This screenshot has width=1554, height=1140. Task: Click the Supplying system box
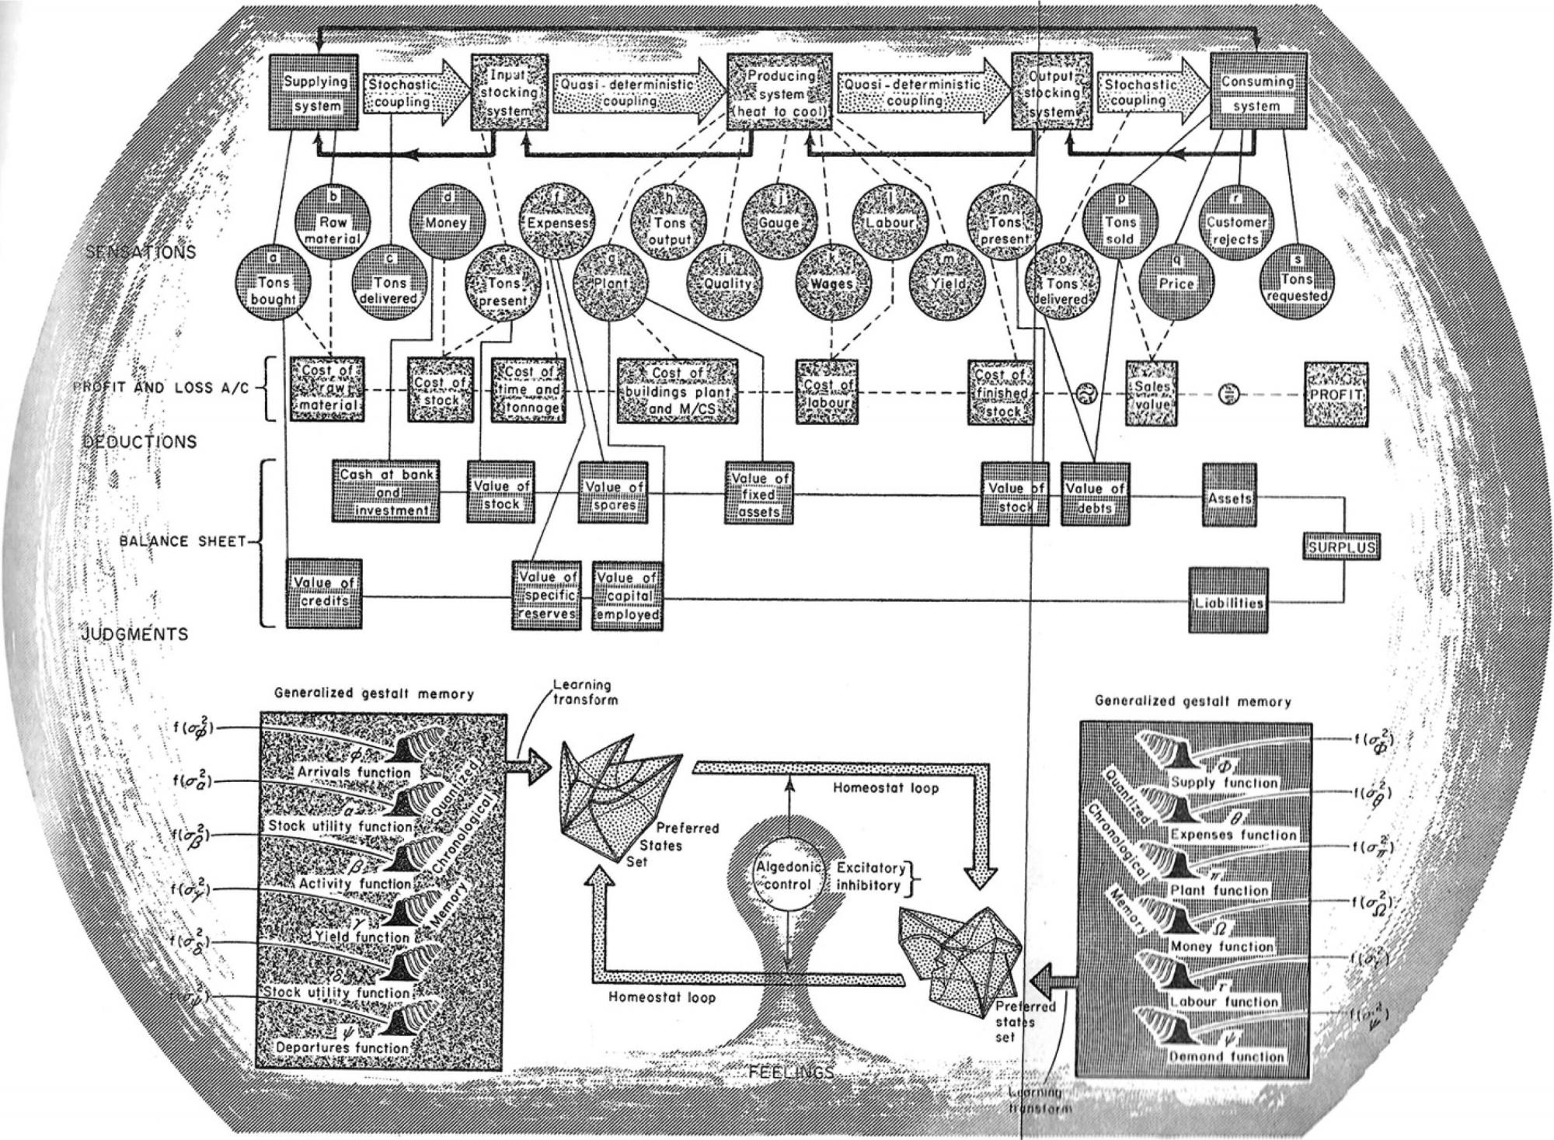tap(317, 93)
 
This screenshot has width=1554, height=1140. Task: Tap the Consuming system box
tap(1256, 93)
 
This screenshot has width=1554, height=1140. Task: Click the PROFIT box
tap(1336, 394)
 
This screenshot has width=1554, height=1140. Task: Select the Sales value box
tap(1152, 394)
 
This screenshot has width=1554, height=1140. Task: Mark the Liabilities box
tap(1228, 601)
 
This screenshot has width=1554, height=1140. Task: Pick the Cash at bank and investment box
tap(386, 493)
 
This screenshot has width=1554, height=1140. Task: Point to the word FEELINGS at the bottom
tap(792, 1072)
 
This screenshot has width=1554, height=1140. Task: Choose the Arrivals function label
tap(354, 772)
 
